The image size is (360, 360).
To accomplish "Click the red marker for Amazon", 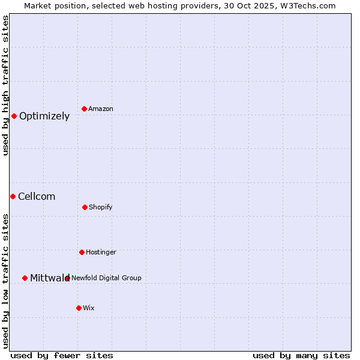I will point(85,109).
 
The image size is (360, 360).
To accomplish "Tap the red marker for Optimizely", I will point(14,116).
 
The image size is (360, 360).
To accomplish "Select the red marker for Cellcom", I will point(13,196).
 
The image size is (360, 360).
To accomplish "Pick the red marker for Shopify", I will point(85,207).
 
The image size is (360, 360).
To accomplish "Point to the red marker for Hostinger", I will point(82,252).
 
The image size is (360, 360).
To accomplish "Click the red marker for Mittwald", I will point(25,278).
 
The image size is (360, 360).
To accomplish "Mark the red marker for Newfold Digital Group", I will point(67,278).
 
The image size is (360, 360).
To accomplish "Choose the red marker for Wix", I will point(79,308).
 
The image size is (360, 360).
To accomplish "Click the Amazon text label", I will point(101,109).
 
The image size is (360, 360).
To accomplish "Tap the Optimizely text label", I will point(44,116).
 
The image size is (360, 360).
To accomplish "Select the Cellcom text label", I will point(37,197).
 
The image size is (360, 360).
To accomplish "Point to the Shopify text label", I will point(101,208).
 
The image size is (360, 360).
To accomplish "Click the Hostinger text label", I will point(101,253).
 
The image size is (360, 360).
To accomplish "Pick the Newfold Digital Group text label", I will point(106,278).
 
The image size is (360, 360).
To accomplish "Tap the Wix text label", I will point(89,308).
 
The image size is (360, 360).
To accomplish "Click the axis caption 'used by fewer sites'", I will point(62,356).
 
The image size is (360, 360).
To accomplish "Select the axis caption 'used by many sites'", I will point(301,356).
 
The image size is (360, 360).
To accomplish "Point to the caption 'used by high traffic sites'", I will point(6,85).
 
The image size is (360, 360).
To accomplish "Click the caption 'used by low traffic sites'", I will point(6,281).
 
